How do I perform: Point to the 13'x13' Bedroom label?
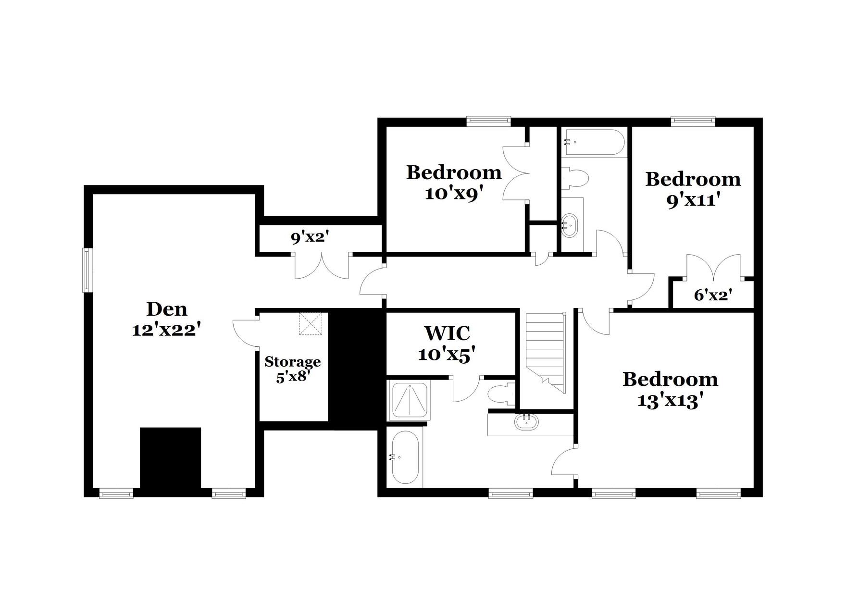pyautogui.click(x=670, y=390)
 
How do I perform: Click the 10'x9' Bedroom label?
pyautogui.click(x=454, y=183)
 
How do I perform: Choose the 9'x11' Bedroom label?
pyautogui.click(x=693, y=189)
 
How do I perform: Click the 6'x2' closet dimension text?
pyautogui.click(x=713, y=295)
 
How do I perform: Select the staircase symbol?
pyautogui.click(x=546, y=351)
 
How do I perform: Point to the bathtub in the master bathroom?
pyautogui.click(x=405, y=457)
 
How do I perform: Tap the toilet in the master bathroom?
pyautogui.click(x=500, y=393)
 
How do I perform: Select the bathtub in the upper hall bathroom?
pyautogui.click(x=594, y=142)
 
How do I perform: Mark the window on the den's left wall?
pyautogui.click(x=87, y=270)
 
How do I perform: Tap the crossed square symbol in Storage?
pyautogui.click(x=310, y=323)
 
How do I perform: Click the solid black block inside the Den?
pyautogui.click(x=170, y=460)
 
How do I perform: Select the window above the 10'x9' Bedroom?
pyautogui.click(x=488, y=121)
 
